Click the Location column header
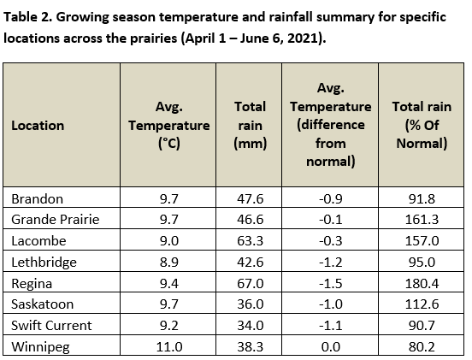coord(38,126)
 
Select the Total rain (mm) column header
coord(251,125)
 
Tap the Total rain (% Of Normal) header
coord(422,125)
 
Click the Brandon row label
coord(38,199)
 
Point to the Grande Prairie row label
coord(56,220)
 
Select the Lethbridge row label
coord(44,263)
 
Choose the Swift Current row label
coord(51,326)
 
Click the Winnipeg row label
coord(41,347)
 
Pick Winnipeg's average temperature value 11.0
coord(169,347)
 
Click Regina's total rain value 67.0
coord(251,284)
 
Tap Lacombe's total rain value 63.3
coord(251,241)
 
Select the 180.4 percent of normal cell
coord(422,284)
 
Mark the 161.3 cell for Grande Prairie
coord(422,220)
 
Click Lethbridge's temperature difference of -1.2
coord(331,263)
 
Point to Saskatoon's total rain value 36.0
coord(251,304)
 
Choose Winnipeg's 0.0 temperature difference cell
coord(331,347)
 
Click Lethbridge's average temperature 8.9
coord(169,263)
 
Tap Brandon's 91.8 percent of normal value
coord(422,199)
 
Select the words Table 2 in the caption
coord(28,17)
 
